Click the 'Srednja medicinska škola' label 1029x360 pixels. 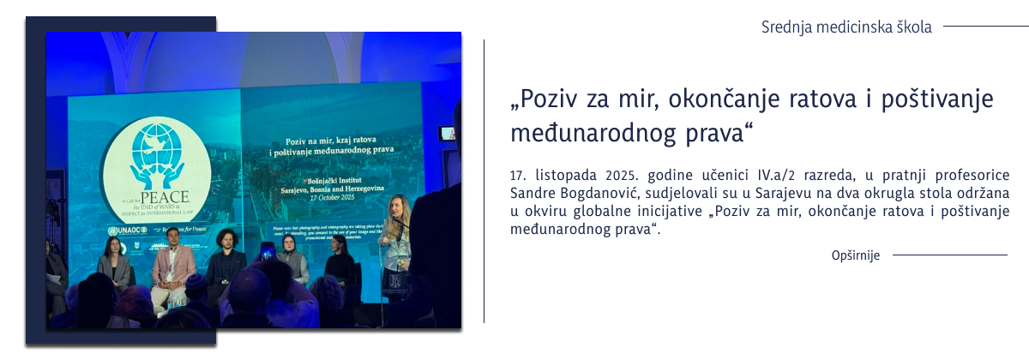coord(845,27)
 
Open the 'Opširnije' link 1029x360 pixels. coord(856,255)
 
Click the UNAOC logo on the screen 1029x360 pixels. coord(125,231)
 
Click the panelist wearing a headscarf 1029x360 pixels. coord(292,257)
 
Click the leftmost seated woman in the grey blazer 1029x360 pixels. coord(114,263)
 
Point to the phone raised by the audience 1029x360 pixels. coord(266,251)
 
